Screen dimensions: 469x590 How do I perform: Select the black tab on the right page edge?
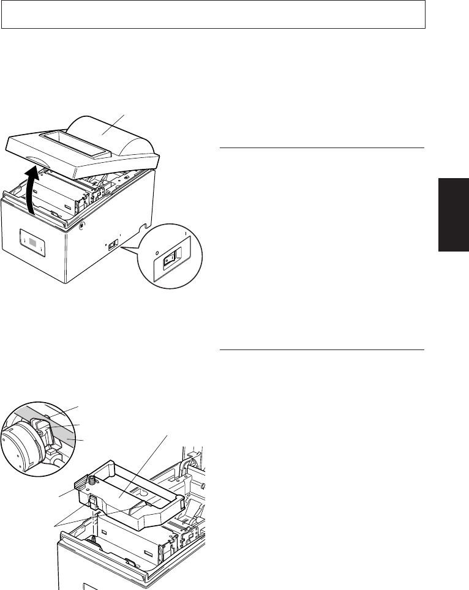(453, 214)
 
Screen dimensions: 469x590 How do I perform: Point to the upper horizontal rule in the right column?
(321, 147)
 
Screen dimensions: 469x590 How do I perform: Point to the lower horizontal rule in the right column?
(321, 351)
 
